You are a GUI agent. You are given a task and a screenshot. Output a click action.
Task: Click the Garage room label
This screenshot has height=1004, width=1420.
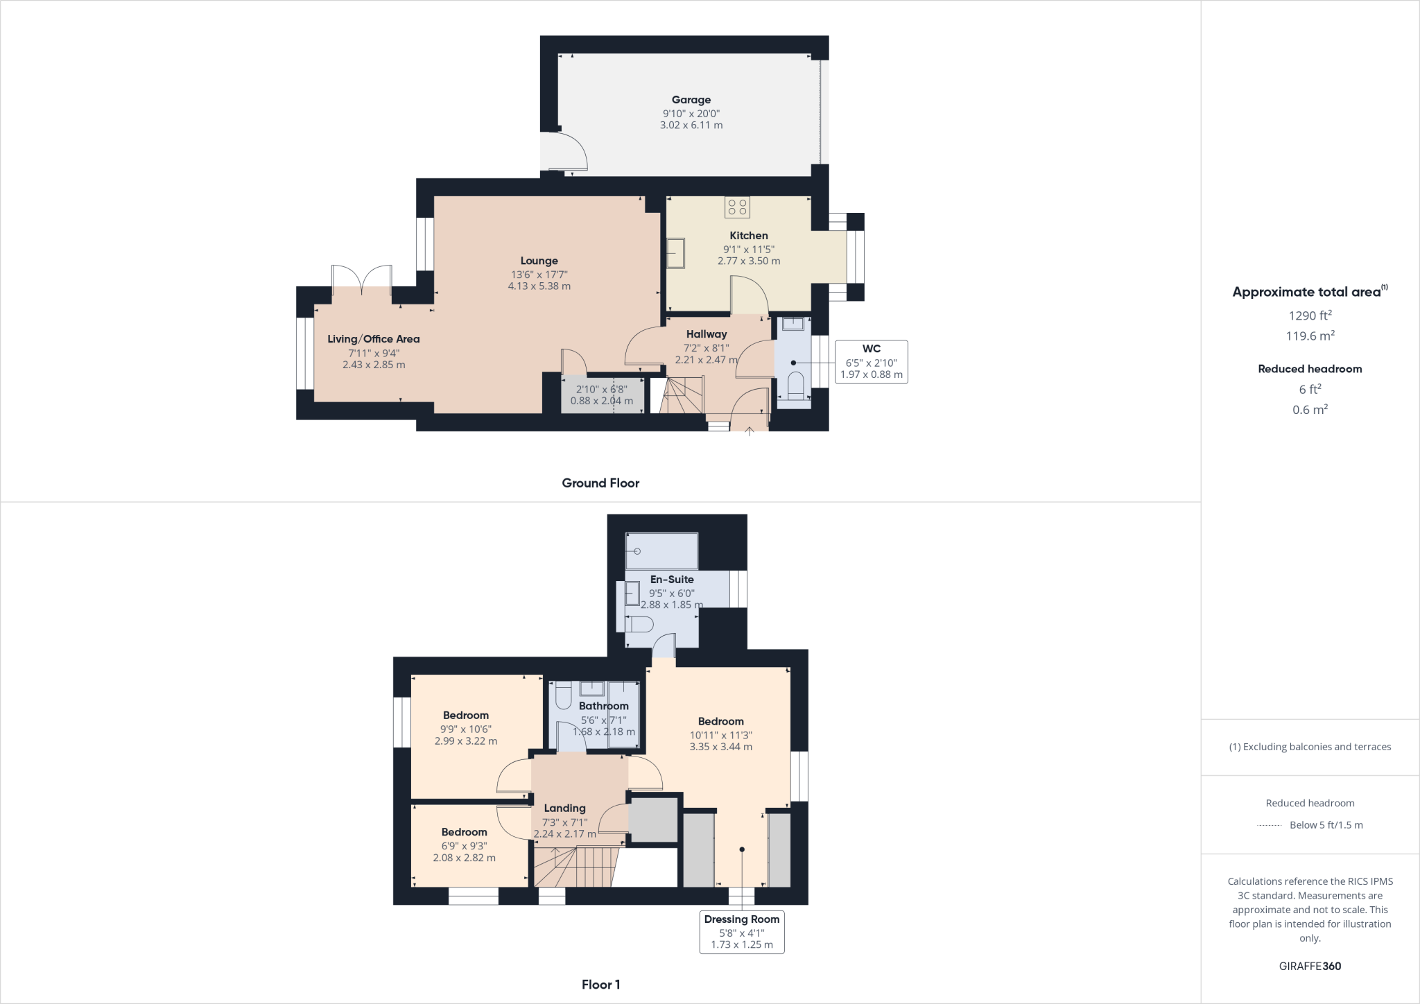pyautogui.click(x=691, y=100)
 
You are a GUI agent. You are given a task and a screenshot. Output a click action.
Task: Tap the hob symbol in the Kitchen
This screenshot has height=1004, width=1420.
pyautogui.click(x=737, y=207)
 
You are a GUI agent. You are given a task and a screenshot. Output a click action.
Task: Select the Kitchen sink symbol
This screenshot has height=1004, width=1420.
pyautogui.click(x=675, y=253)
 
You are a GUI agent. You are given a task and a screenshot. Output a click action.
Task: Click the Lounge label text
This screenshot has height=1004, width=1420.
pyautogui.click(x=539, y=261)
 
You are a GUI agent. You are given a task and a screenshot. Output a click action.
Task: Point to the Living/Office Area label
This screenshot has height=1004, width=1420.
pyautogui.click(x=373, y=339)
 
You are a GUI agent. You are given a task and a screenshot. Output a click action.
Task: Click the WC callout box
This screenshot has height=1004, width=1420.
pyautogui.click(x=871, y=361)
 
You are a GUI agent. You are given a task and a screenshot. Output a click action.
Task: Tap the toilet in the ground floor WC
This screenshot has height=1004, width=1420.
pyautogui.click(x=795, y=387)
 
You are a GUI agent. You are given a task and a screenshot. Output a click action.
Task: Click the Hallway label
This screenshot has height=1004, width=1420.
pyautogui.click(x=707, y=334)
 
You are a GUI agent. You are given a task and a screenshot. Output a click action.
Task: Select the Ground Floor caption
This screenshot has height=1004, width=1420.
pyautogui.click(x=600, y=483)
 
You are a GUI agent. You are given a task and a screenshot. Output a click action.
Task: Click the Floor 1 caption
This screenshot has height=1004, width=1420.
pyautogui.click(x=600, y=985)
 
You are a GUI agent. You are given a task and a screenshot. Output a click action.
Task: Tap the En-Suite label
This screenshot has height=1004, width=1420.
pyautogui.click(x=671, y=580)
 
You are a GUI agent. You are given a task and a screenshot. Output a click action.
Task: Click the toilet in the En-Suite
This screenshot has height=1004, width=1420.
pyautogui.click(x=639, y=625)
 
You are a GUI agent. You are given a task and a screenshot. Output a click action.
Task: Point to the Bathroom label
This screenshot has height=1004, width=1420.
pyautogui.click(x=603, y=706)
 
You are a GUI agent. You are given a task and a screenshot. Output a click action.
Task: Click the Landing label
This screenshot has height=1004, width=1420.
pyautogui.click(x=564, y=808)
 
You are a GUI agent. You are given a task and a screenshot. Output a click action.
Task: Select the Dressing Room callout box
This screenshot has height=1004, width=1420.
pyautogui.click(x=741, y=931)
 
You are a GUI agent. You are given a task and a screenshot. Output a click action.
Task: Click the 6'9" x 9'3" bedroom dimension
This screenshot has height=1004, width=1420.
pyautogui.click(x=464, y=846)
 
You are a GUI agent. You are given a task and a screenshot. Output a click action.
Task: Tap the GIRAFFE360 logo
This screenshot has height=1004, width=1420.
pyautogui.click(x=1309, y=966)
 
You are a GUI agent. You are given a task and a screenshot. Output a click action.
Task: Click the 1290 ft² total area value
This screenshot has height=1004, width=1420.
pyautogui.click(x=1309, y=316)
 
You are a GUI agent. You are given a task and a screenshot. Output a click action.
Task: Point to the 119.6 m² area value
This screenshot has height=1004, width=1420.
pyautogui.click(x=1309, y=336)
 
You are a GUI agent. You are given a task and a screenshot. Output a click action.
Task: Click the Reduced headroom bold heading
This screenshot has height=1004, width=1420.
pyautogui.click(x=1309, y=369)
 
